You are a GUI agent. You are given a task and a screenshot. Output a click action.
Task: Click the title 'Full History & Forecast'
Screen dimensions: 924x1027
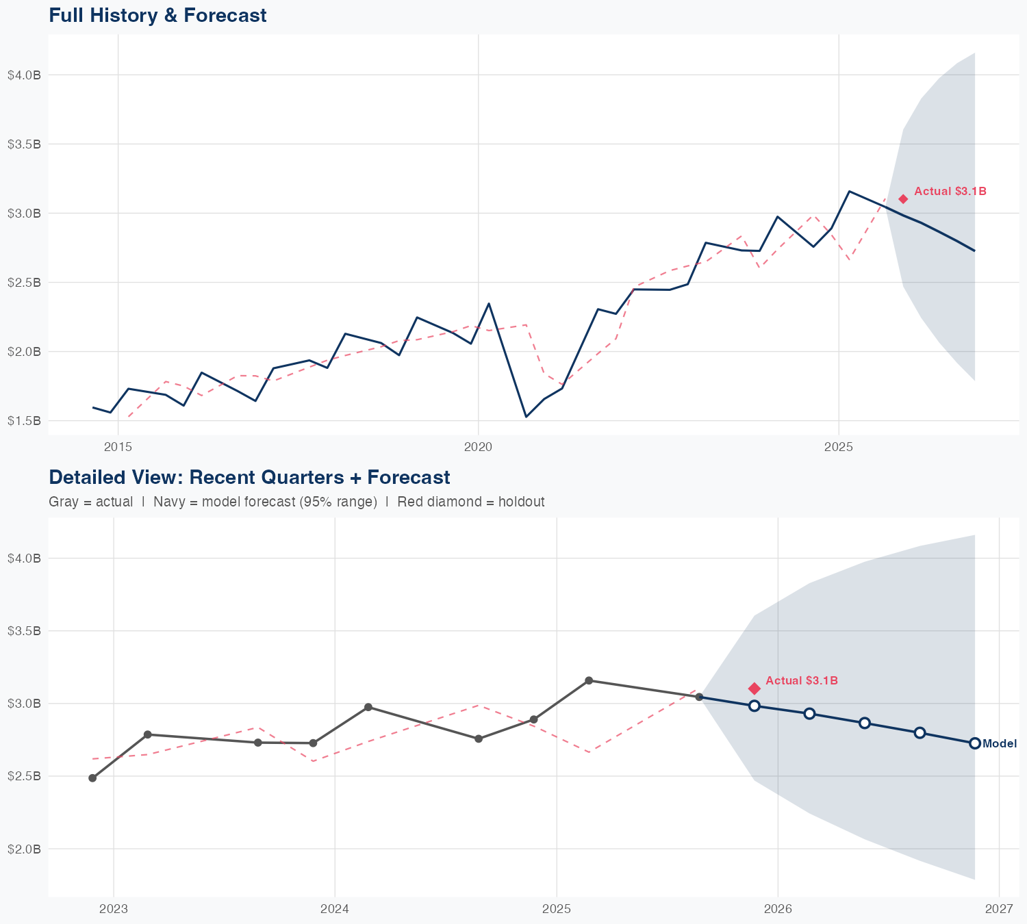(157, 15)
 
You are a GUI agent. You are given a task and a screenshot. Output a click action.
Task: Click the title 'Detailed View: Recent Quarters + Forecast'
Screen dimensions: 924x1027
(249, 477)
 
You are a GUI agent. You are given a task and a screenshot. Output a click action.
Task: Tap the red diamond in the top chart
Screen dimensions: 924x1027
(903, 199)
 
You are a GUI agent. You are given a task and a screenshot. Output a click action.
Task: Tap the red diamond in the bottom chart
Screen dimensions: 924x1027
(755, 689)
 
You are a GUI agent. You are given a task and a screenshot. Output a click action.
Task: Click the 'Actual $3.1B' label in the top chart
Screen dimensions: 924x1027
(950, 192)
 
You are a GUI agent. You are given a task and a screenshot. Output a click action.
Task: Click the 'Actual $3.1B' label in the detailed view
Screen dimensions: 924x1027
(802, 681)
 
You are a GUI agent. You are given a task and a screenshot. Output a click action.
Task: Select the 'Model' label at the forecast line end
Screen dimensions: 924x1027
(1000, 744)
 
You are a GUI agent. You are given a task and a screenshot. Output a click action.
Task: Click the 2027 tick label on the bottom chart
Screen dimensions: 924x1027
(999, 910)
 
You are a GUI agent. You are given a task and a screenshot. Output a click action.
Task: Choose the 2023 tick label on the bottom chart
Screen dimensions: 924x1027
(114, 910)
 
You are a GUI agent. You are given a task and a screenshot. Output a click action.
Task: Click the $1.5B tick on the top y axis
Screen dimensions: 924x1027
(24, 421)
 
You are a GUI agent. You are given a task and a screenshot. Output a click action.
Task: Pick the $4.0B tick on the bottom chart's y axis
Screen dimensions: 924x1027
(24, 559)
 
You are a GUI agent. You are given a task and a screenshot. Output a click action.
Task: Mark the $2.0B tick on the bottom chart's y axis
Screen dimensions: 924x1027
(24, 849)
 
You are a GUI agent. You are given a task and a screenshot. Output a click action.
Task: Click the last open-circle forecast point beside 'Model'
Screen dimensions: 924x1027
(975, 743)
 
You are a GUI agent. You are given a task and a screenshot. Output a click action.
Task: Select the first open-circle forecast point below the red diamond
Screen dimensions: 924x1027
(755, 706)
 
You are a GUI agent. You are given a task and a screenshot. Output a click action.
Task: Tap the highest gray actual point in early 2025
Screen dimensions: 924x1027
(589, 680)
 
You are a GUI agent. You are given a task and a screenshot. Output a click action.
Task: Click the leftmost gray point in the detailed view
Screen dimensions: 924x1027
(92, 778)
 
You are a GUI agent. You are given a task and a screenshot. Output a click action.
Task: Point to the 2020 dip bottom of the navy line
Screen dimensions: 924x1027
(526, 416)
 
